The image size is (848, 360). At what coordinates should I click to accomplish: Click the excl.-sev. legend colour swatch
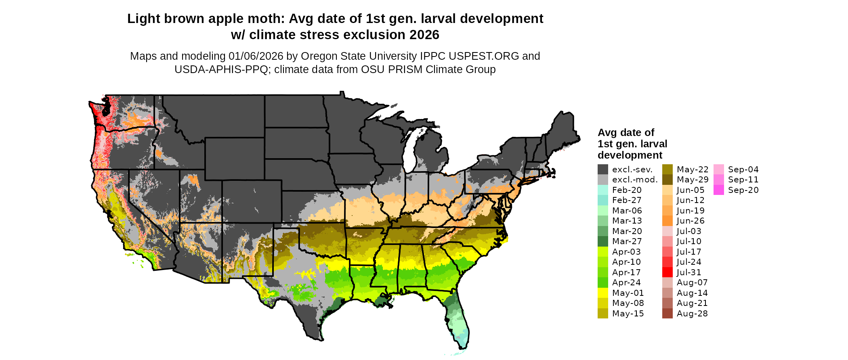pos(603,170)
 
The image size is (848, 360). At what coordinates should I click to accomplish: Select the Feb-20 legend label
pos(627,190)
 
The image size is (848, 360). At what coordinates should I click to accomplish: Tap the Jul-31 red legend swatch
pos(667,272)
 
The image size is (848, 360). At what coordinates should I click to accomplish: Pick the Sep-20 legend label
pos(743,190)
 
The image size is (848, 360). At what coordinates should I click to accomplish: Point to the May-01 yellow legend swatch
pos(603,293)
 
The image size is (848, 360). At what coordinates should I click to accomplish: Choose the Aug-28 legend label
pos(692,314)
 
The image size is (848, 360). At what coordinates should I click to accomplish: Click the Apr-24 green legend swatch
pos(603,283)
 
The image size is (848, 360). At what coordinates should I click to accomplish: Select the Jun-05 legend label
pos(691,190)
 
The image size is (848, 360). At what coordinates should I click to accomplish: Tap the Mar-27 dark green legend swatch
pos(603,241)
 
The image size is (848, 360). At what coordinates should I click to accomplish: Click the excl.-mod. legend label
pos(635,180)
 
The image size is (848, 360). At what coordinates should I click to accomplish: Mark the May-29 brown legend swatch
pos(667,180)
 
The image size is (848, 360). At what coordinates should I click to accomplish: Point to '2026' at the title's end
pos(424,35)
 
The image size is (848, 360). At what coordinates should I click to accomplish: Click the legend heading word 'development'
pos(630,155)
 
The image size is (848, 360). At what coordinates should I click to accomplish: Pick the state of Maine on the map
pos(563,129)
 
